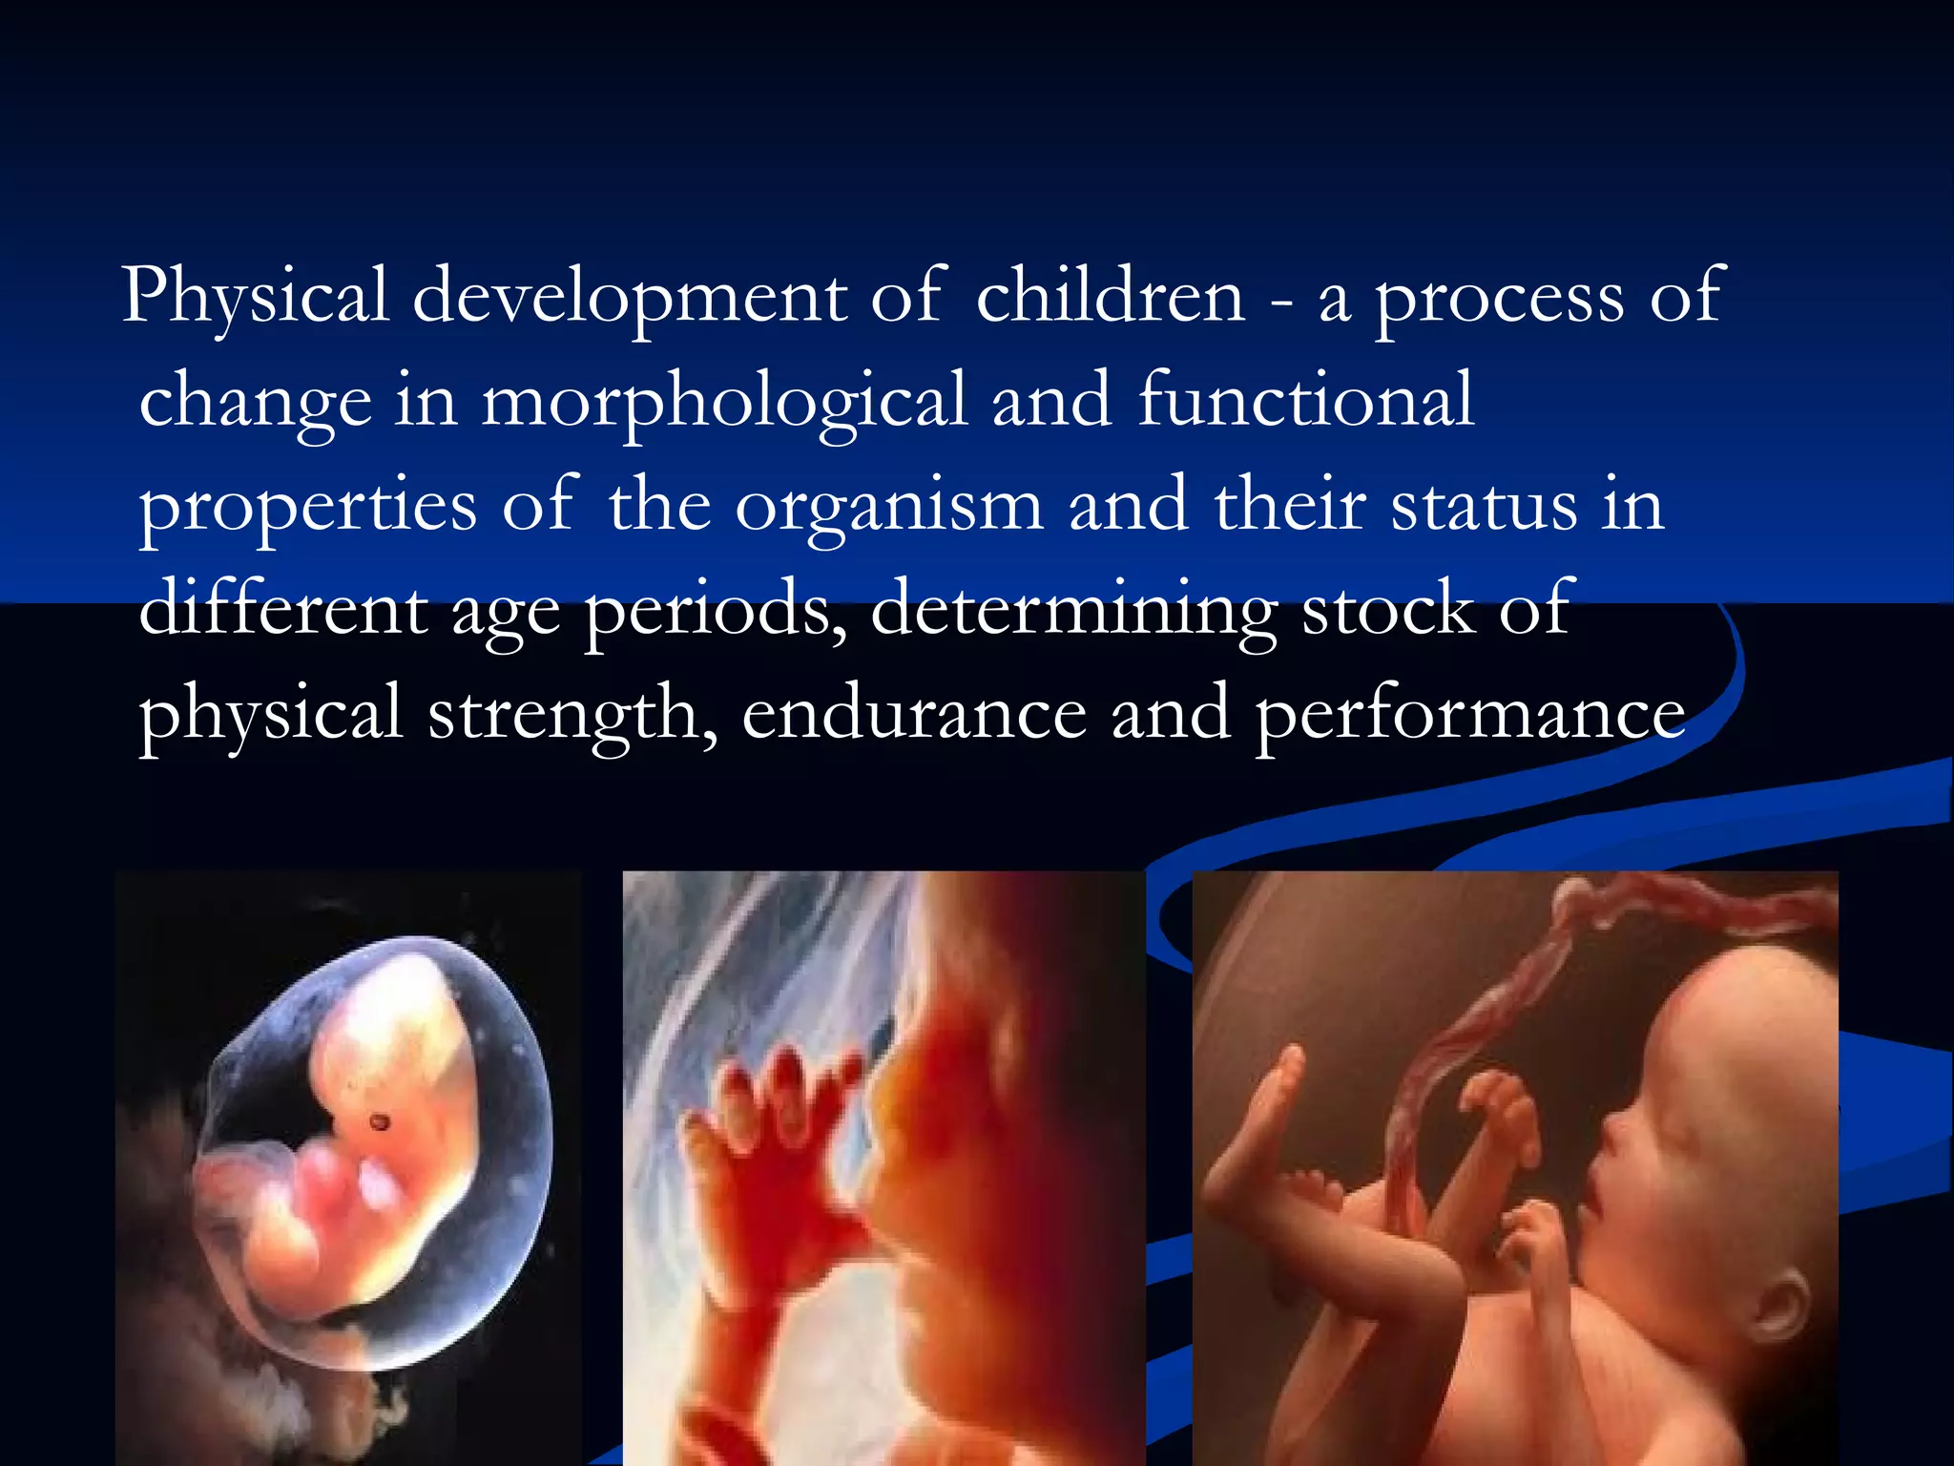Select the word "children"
(x=1111, y=296)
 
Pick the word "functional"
(x=1306, y=401)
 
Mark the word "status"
(x=1485, y=506)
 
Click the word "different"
(x=283, y=609)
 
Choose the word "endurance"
(x=914, y=714)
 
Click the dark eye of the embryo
(x=380, y=1121)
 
